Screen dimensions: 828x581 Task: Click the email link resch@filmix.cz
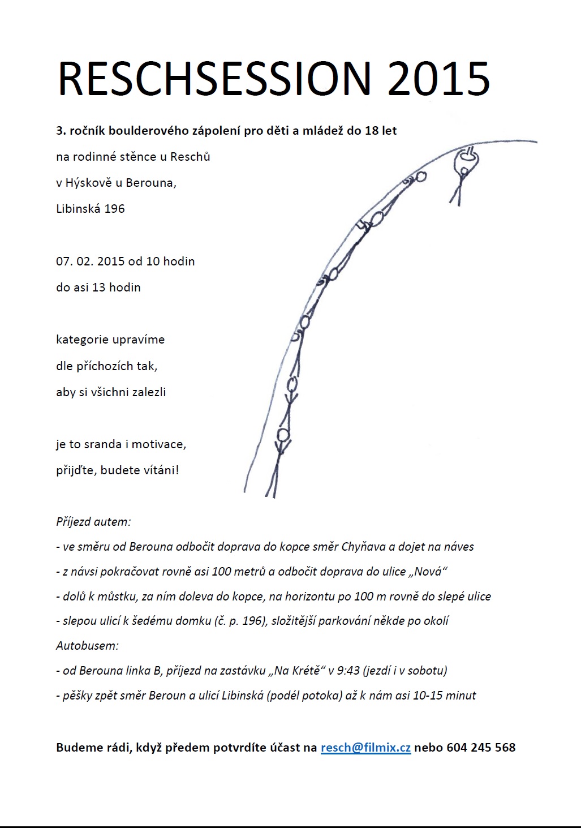pyautogui.click(x=365, y=747)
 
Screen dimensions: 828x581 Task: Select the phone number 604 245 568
pyautogui.click(x=481, y=747)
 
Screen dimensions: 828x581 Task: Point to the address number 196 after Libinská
pyautogui.click(x=115, y=208)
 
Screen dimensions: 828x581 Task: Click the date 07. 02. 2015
pyautogui.click(x=90, y=261)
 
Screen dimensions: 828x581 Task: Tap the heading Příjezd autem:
pyautogui.click(x=93, y=521)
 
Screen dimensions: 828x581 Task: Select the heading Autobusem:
pyautogui.click(x=87, y=645)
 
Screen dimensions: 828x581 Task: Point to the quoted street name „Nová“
pyautogui.click(x=428, y=571)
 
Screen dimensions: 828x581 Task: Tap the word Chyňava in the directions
pyautogui.click(x=363, y=546)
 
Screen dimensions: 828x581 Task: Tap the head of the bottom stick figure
pyautogui.click(x=282, y=435)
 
